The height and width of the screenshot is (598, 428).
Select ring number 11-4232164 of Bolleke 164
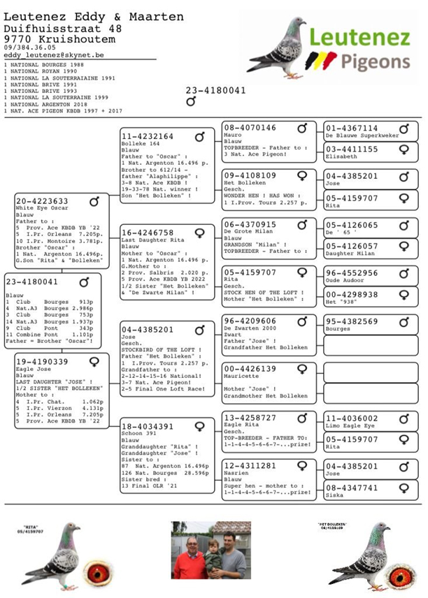147,136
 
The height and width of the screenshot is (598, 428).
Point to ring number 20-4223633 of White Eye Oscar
42,201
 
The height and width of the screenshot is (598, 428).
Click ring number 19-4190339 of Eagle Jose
42,361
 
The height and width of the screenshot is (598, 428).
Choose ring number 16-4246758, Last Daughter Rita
147,233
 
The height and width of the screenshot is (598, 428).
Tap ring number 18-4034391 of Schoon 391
147,426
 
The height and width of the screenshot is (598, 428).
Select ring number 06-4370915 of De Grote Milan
250,224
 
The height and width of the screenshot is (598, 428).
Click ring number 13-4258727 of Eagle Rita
250,418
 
